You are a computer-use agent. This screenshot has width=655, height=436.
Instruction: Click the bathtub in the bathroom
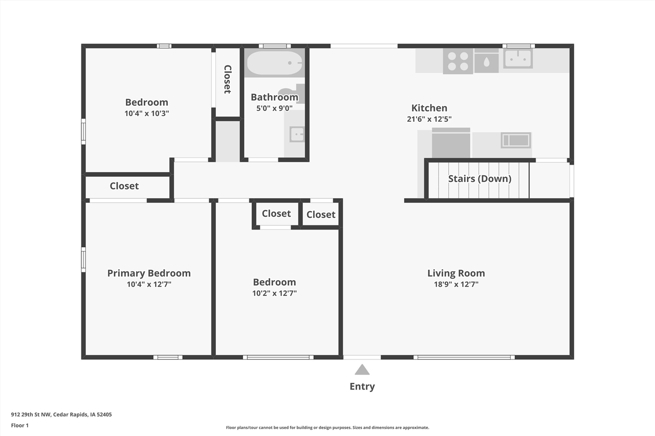click(274, 63)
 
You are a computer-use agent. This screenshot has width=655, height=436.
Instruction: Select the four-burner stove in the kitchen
click(458, 61)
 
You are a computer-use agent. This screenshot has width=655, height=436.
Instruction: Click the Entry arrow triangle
click(362, 370)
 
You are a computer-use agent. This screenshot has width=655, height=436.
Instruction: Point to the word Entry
click(362, 386)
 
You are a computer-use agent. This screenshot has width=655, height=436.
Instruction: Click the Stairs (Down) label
click(479, 178)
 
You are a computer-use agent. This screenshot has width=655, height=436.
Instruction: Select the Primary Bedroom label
click(149, 273)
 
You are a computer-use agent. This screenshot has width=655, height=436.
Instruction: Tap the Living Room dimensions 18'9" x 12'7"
click(456, 284)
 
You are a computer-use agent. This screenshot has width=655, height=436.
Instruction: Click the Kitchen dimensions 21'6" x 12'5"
click(429, 119)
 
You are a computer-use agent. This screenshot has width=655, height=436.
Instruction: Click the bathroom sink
click(297, 134)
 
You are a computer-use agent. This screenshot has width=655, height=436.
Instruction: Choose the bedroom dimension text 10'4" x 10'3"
click(146, 113)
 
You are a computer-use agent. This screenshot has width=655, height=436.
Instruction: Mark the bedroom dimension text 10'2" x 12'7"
click(274, 293)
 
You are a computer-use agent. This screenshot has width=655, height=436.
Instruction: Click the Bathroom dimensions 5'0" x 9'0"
click(274, 108)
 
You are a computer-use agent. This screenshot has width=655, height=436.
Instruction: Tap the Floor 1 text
click(20, 425)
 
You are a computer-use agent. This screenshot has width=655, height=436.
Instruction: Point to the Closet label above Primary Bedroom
click(124, 186)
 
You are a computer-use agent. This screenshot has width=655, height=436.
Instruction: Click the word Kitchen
click(429, 107)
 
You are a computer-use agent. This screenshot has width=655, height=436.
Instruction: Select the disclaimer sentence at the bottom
click(327, 427)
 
